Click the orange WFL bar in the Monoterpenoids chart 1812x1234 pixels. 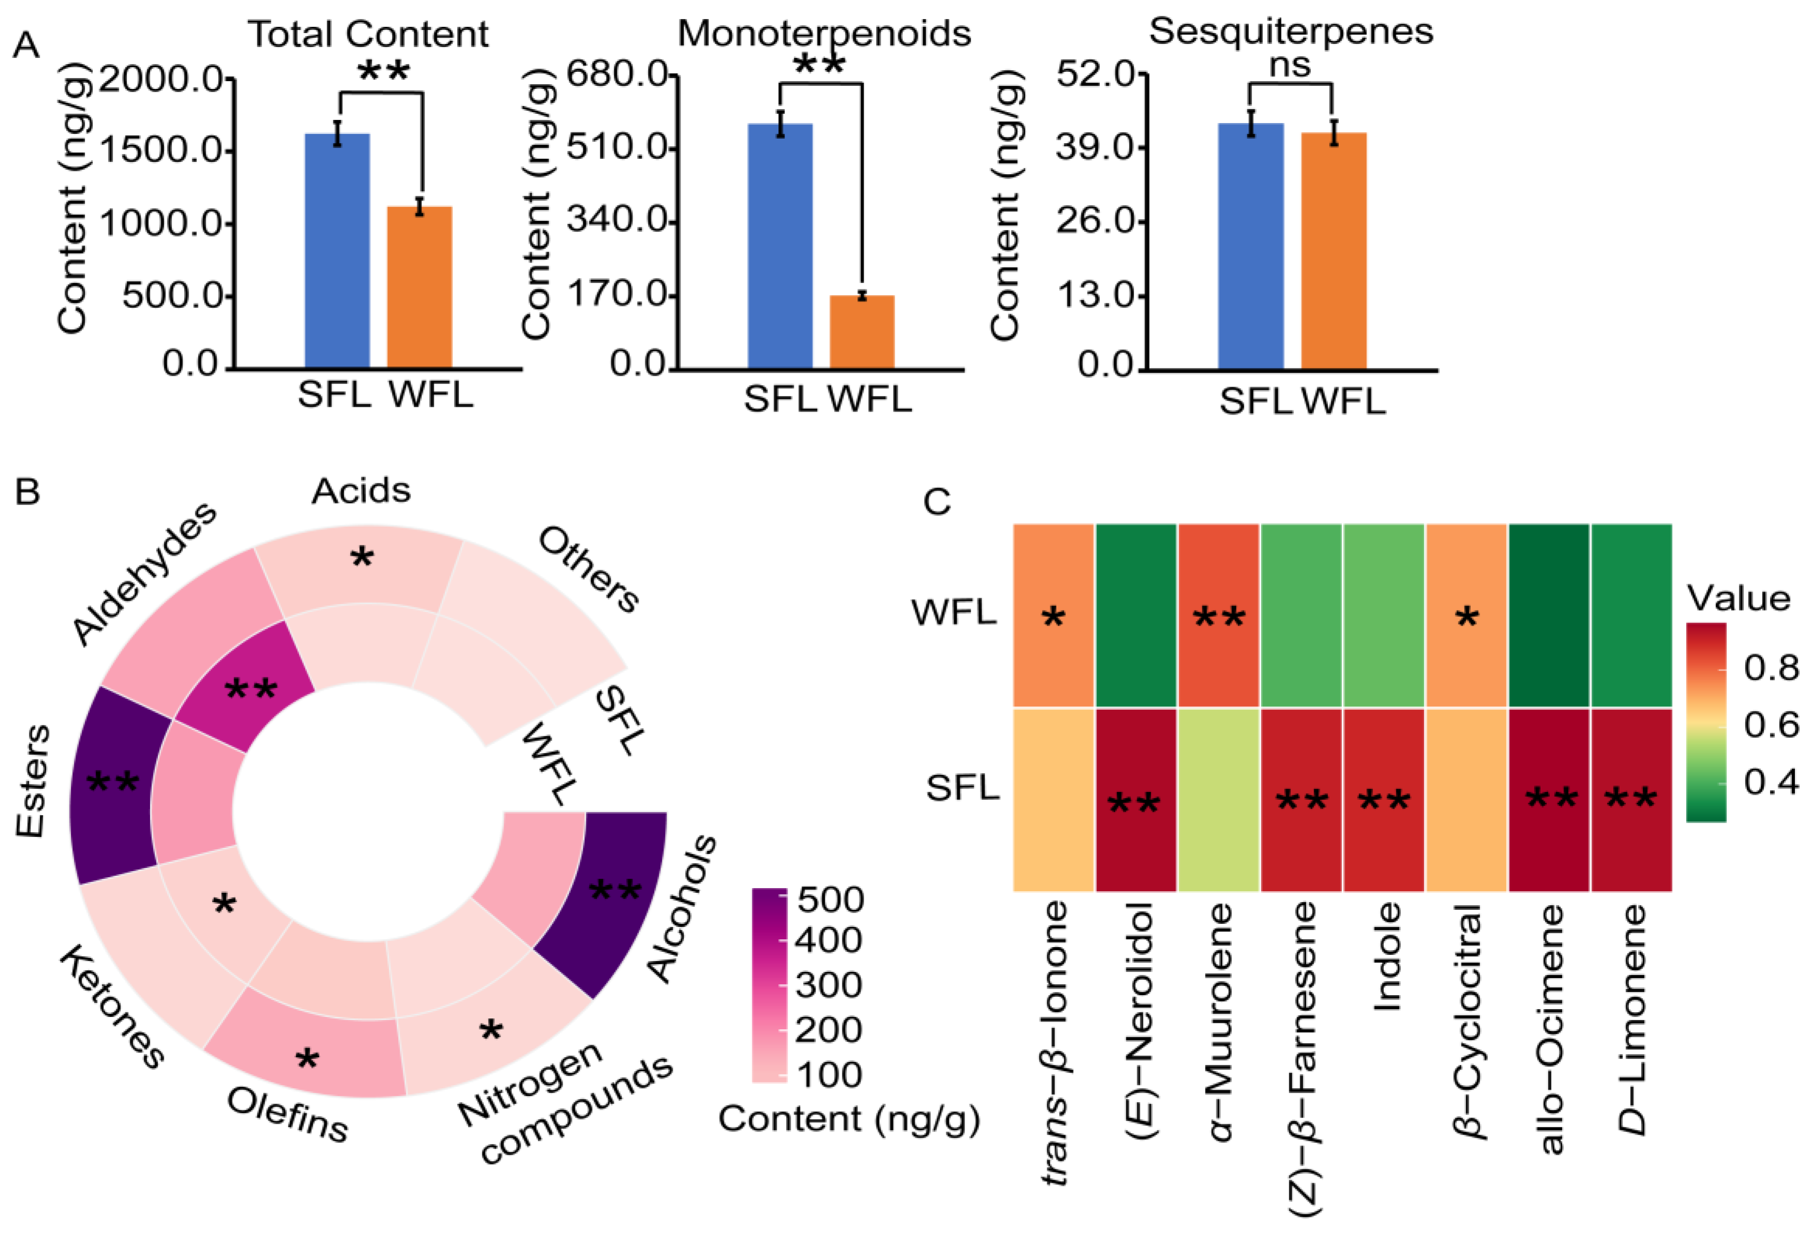pyautogui.click(x=862, y=331)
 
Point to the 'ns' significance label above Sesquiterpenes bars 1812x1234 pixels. pyautogui.click(x=1290, y=65)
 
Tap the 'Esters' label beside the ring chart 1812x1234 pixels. pyautogui.click(x=34, y=780)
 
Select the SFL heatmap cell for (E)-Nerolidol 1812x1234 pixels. pyautogui.click(x=1135, y=799)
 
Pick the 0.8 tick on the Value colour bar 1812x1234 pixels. pyautogui.click(x=1771, y=667)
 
